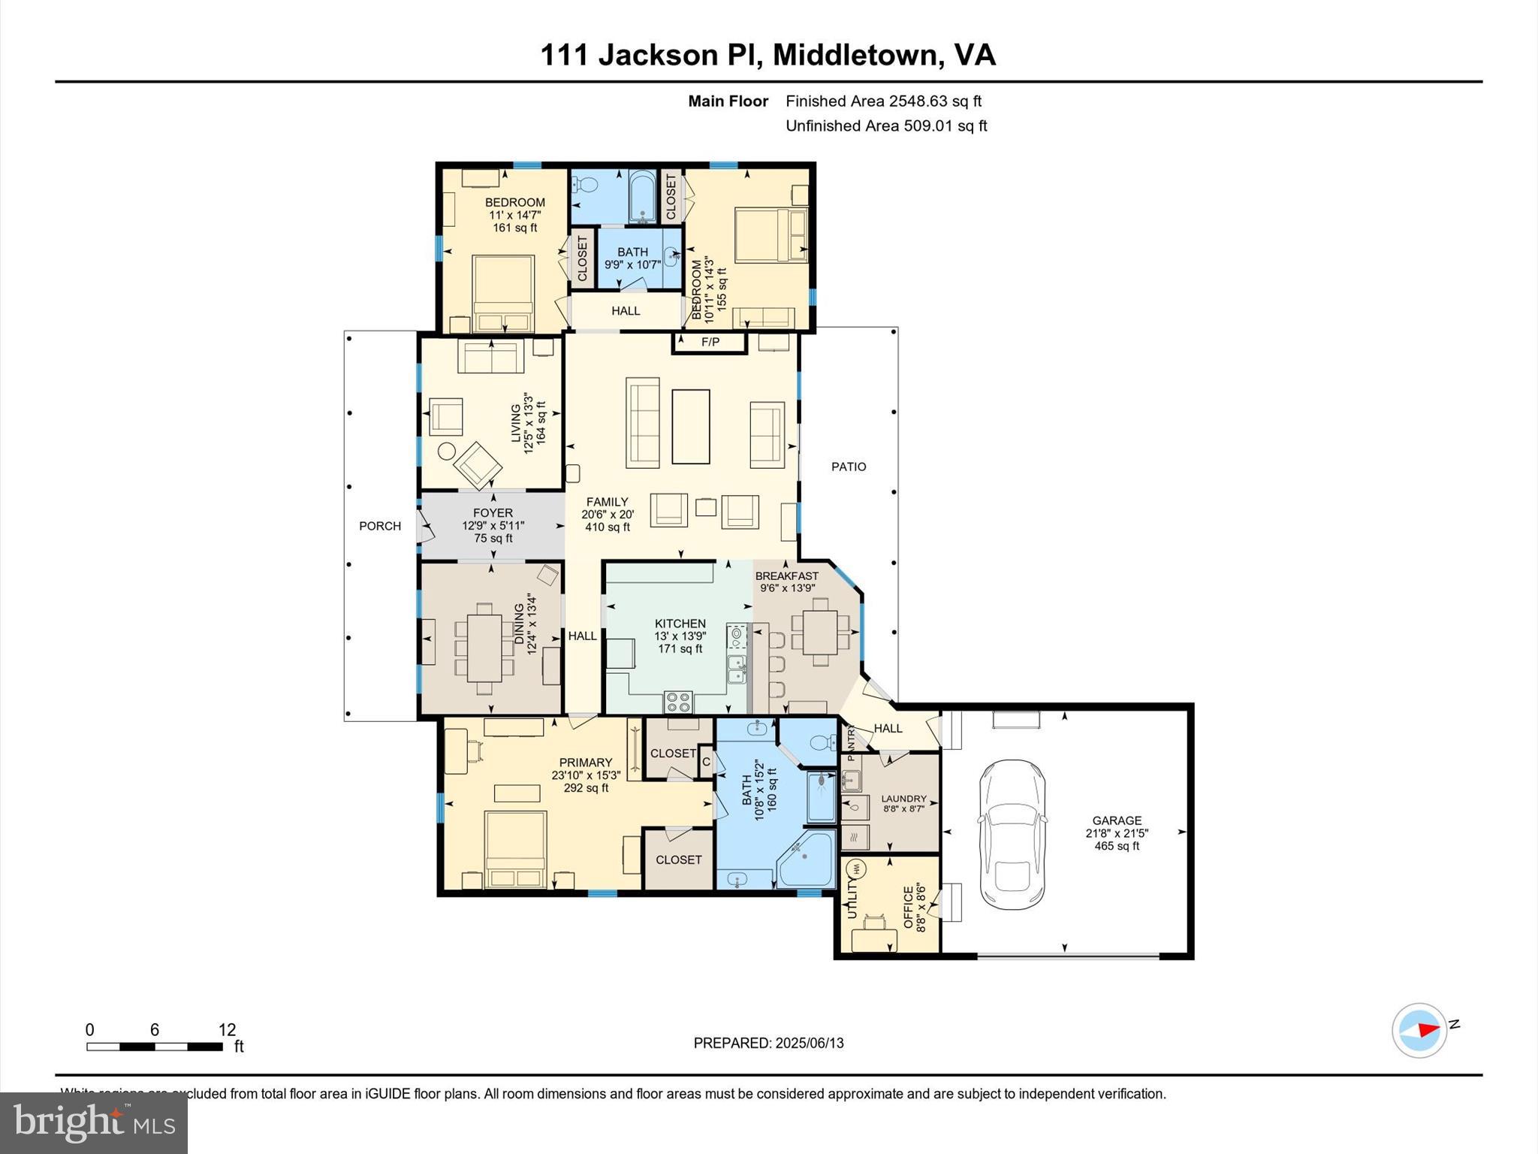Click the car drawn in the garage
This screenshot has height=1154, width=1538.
[x=1012, y=834]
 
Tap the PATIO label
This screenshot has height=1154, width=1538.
[x=849, y=467]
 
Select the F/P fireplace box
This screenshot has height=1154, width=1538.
[x=710, y=343]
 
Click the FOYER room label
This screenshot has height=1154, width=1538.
[x=493, y=513]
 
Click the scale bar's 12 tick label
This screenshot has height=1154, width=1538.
[x=227, y=1030]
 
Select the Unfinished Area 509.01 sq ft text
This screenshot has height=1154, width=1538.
[x=886, y=125]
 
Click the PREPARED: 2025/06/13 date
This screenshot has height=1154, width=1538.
[x=768, y=1043]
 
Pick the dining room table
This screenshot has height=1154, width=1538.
[x=484, y=648]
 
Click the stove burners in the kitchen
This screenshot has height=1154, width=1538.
[x=678, y=702]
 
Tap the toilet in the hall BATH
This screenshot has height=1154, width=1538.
[x=587, y=184]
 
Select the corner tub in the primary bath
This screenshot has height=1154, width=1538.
[x=808, y=861]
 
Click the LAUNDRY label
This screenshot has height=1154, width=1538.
[x=903, y=799]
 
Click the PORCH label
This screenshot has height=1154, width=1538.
[x=380, y=526]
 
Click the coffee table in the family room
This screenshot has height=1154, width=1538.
[x=690, y=426]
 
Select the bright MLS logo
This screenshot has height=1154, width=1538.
[x=94, y=1122]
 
